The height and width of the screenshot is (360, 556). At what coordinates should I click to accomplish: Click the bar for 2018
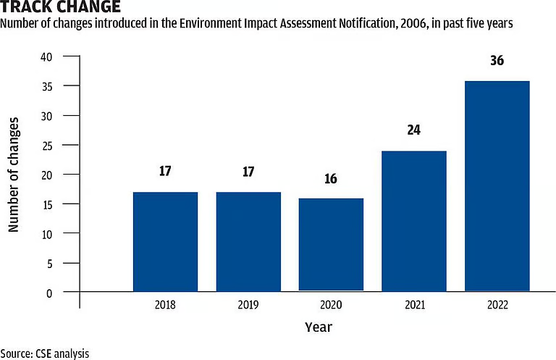(x=165, y=242)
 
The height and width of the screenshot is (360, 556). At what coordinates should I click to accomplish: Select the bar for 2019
(x=248, y=242)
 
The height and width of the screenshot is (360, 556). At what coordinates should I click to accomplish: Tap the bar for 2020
(x=331, y=245)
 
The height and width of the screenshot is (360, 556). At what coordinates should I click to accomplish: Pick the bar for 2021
(x=414, y=221)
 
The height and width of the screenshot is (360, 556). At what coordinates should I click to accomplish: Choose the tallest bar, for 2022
(x=497, y=186)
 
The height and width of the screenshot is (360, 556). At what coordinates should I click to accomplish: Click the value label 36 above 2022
(x=497, y=61)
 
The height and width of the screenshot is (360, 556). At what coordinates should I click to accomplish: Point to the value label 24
(x=414, y=130)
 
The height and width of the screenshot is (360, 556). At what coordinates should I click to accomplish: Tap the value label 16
(x=331, y=178)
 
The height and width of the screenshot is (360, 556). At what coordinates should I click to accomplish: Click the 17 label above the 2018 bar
(x=165, y=172)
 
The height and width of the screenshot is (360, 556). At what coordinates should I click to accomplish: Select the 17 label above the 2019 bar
(x=248, y=172)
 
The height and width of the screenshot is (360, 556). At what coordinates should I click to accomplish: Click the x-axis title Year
(x=319, y=327)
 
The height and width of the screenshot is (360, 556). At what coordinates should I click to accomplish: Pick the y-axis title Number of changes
(x=13, y=173)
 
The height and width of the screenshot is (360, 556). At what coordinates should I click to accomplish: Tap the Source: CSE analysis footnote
(x=44, y=353)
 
